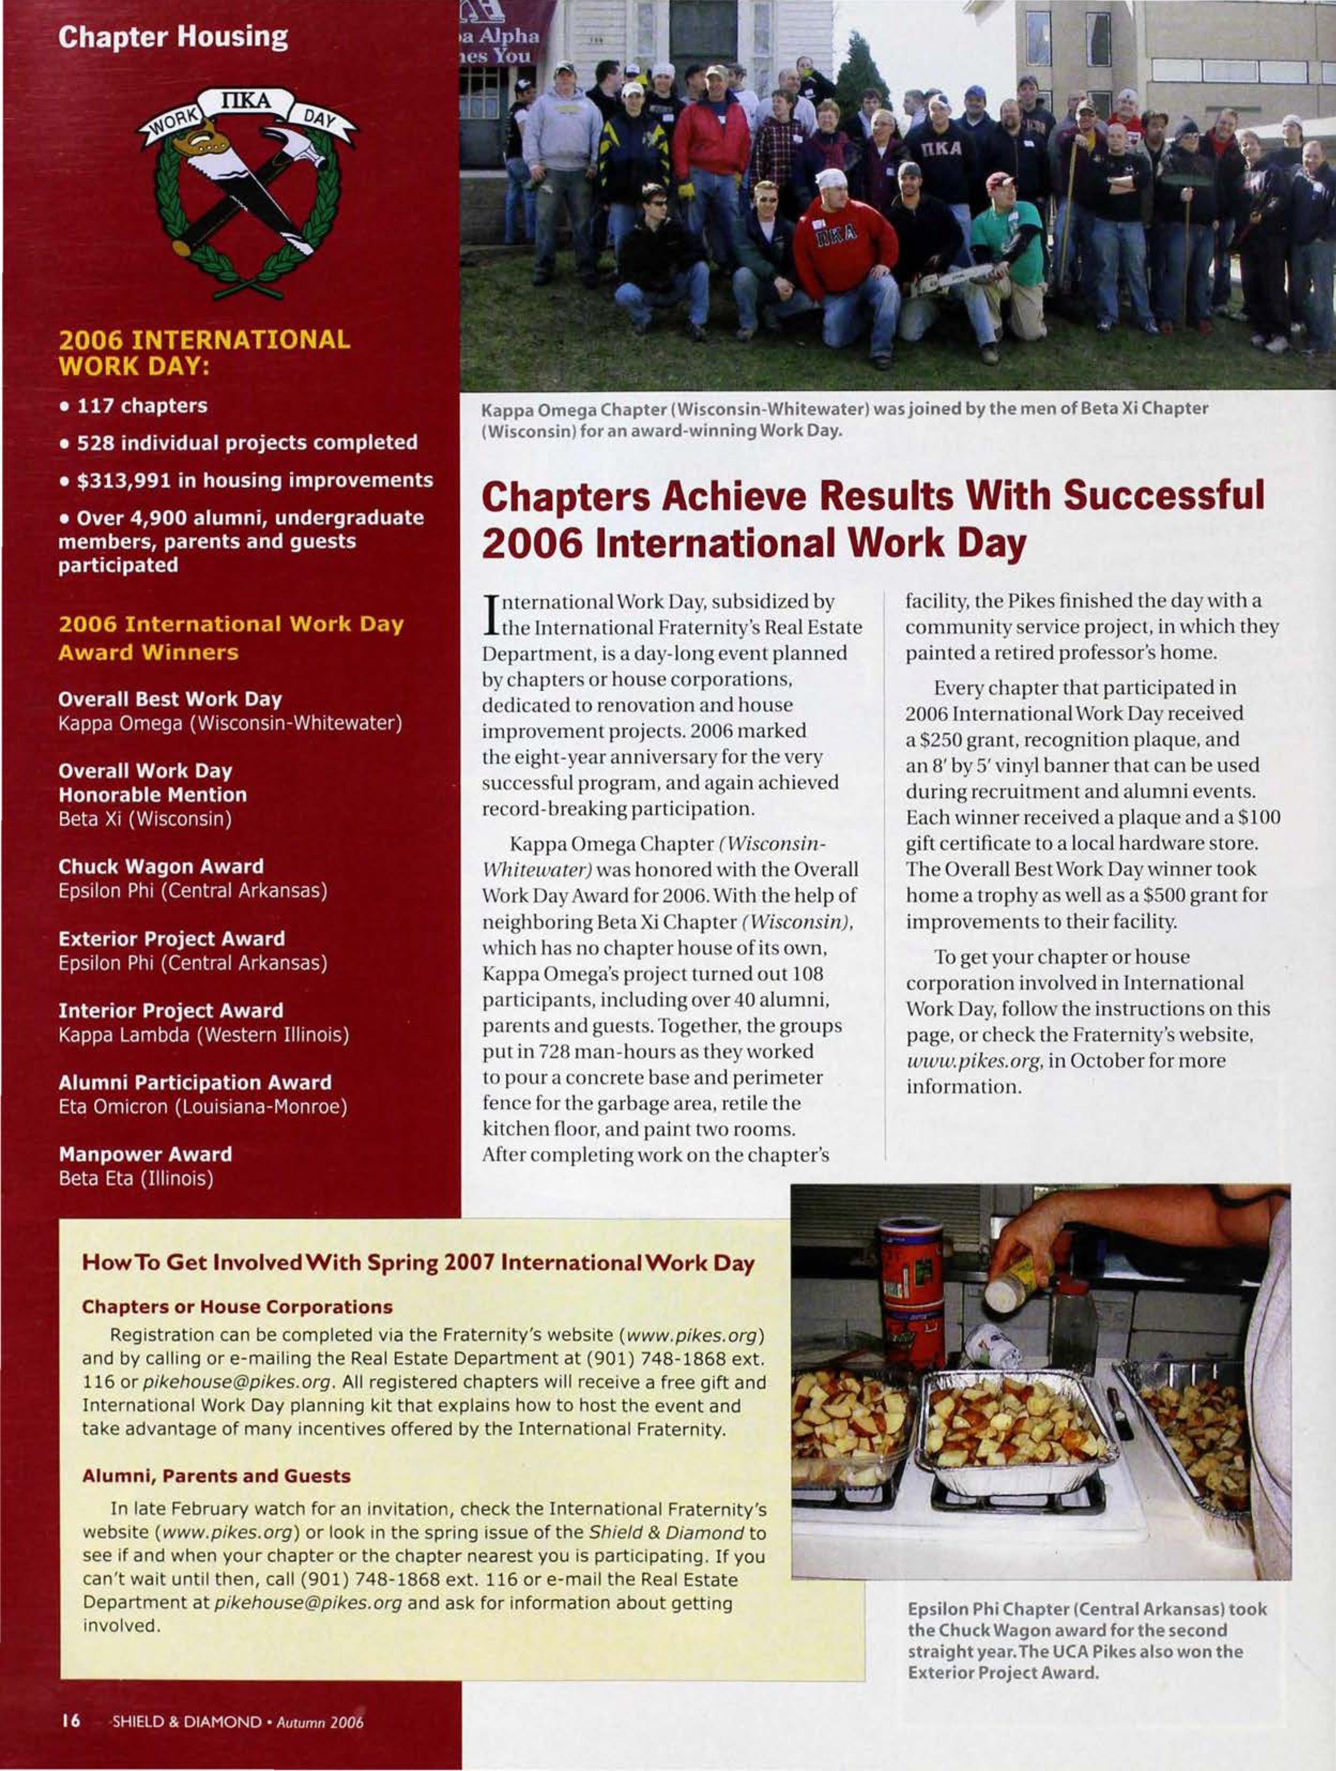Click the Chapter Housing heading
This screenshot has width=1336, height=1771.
tap(172, 37)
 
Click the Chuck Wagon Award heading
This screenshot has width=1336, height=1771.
tap(160, 866)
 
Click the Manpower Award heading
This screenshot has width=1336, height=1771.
tap(145, 1154)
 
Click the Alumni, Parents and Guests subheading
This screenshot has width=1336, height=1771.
tap(216, 1475)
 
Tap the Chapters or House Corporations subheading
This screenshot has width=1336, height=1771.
tap(237, 1307)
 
